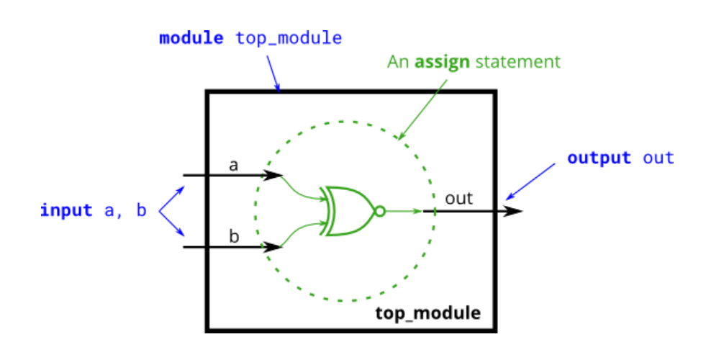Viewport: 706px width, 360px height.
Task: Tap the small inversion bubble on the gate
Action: click(380, 211)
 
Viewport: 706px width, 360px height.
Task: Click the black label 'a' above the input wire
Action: click(233, 165)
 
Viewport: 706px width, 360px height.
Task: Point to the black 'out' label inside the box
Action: click(459, 198)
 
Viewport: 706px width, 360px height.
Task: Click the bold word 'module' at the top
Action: click(191, 38)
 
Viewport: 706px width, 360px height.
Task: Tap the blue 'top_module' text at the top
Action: click(289, 38)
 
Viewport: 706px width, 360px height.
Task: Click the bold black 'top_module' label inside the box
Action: click(427, 313)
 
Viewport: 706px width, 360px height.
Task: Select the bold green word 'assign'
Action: click(442, 62)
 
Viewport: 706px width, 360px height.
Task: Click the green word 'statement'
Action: click(517, 62)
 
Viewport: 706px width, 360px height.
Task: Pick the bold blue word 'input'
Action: click(66, 211)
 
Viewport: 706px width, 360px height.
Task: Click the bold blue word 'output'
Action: click(599, 158)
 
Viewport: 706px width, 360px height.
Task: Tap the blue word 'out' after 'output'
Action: click(659, 158)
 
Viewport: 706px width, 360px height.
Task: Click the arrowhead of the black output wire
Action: click(514, 211)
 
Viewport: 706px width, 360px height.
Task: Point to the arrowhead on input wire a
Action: click(273, 175)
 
